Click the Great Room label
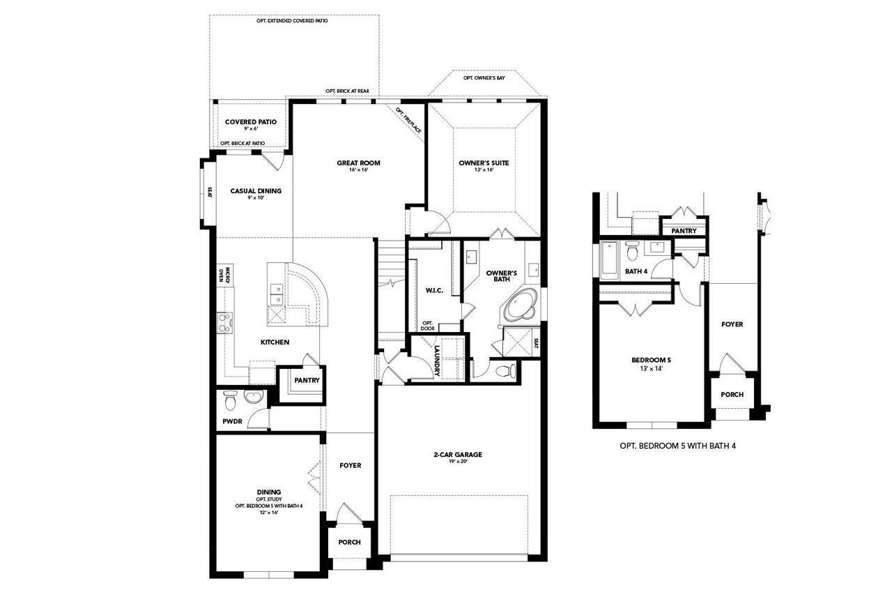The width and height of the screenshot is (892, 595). coord(358,163)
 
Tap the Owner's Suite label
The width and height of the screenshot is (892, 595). coord(484,163)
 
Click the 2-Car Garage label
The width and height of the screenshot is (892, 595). coord(457,455)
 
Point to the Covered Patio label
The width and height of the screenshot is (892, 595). coord(250,122)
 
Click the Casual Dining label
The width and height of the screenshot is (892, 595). coord(256,190)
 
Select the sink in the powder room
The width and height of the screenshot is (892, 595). coord(253,398)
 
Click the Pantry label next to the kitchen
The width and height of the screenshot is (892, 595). coord(307,380)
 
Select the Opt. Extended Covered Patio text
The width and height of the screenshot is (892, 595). coord(292,22)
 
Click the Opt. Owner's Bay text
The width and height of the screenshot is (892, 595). coord(484,78)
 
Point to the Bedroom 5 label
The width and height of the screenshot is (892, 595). coord(651,360)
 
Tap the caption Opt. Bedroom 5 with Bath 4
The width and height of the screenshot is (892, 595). coord(677,445)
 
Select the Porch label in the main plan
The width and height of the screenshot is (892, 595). coord(349,543)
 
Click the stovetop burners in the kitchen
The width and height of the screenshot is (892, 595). coord(226,322)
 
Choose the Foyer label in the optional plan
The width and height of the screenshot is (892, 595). coord(732,324)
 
